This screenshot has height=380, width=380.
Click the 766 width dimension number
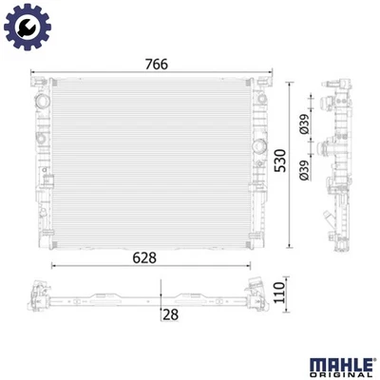[157, 64]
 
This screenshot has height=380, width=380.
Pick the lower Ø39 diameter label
[304, 167]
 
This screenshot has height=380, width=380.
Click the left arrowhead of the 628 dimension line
[53, 265]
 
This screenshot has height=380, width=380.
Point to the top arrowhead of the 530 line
[290, 85]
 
